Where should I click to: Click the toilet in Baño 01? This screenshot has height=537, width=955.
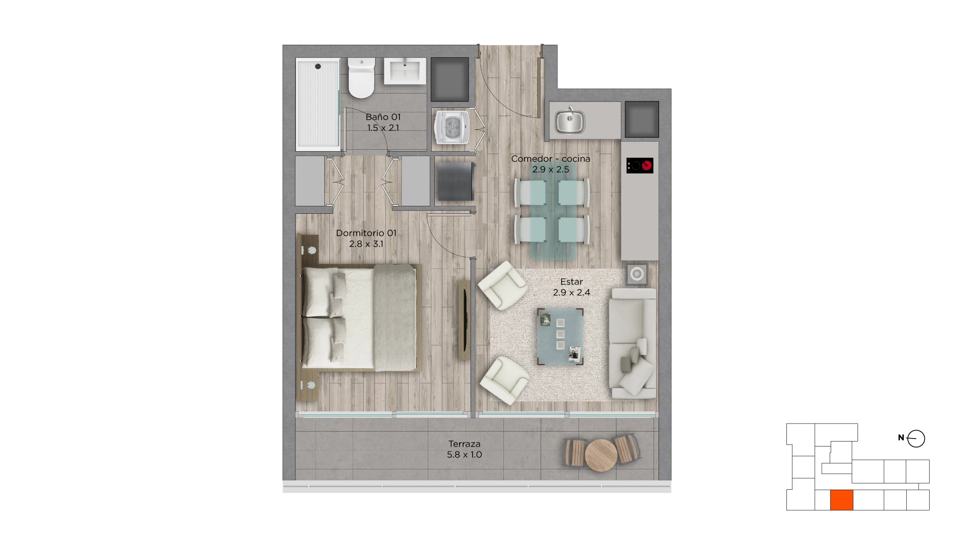[x=361, y=78]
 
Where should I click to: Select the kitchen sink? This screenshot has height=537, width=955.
[x=570, y=121]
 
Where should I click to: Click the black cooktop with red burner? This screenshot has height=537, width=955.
[x=640, y=166]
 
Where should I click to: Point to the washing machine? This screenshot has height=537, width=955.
[x=453, y=127]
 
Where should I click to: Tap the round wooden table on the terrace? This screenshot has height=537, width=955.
[x=601, y=455]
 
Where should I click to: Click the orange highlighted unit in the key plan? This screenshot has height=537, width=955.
[x=842, y=500]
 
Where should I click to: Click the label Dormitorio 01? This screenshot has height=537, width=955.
[x=366, y=233]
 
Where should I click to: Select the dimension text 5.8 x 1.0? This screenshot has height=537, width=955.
[x=465, y=454]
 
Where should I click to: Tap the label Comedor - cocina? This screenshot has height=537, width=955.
[x=551, y=159]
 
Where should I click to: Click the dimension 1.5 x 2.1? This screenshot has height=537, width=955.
[x=383, y=128]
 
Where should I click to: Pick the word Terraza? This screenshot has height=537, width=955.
[x=465, y=444]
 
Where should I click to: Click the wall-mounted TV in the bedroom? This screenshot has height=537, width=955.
[x=464, y=320]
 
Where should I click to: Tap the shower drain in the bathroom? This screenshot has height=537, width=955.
[x=318, y=66]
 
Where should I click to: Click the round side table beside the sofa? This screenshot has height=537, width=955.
[x=637, y=274]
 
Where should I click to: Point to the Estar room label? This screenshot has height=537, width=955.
[x=572, y=281]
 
